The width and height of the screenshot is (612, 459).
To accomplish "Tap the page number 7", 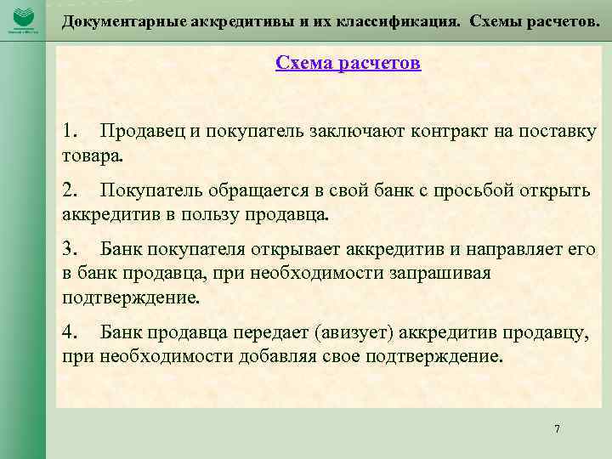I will coord(557,429).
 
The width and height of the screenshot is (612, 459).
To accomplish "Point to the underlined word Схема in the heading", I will coord(302,64).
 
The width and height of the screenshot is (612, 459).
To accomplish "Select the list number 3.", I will coord(70,248).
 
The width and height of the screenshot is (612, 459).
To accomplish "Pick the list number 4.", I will coord(70,331).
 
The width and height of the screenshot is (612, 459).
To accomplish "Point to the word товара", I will coord(93,157).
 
